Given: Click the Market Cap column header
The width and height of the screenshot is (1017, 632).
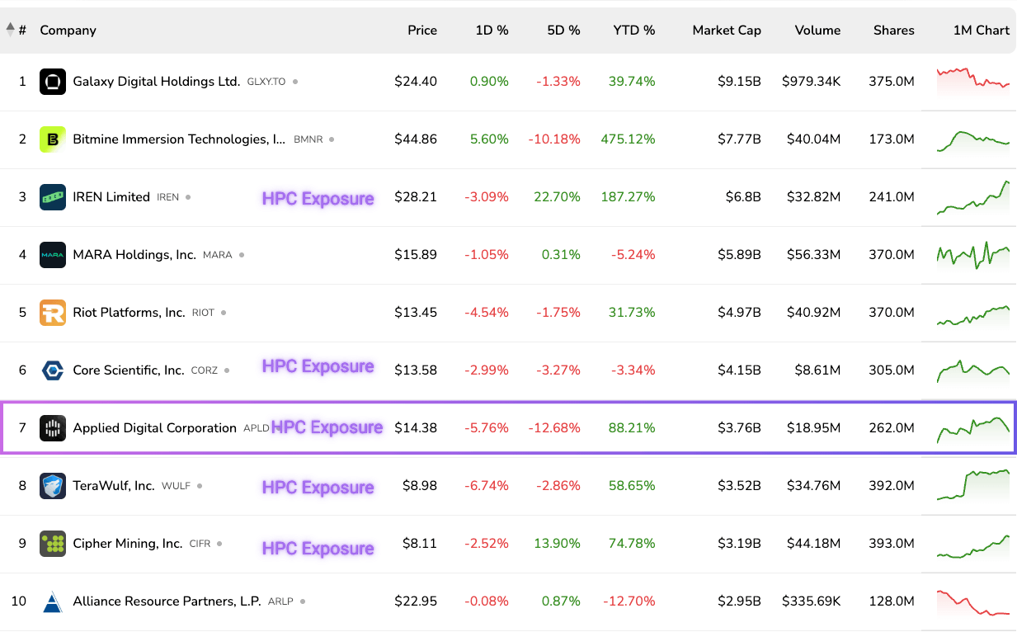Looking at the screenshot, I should click(x=726, y=31).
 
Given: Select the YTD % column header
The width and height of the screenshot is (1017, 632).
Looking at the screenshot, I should click(x=633, y=31).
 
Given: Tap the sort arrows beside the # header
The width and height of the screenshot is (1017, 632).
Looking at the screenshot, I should click(x=10, y=30).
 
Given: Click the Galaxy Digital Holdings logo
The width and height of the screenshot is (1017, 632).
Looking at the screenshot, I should click(x=53, y=82).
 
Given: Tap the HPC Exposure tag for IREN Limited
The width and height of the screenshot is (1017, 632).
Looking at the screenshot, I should click(x=318, y=198).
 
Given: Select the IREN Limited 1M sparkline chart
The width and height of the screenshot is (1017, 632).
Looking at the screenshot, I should click(x=973, y=197).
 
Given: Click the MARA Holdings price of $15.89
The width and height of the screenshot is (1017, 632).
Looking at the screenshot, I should click(x=416, y=255).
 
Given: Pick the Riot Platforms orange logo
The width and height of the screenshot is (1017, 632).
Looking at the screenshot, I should click(x=53, y=313).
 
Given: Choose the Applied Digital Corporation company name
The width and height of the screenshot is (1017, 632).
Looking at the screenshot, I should click(x=154, y=428).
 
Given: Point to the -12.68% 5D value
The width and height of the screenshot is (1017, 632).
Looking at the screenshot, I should click(x=554, y=428).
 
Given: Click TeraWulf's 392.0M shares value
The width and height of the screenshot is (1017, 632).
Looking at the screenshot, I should click(x=891, y=486).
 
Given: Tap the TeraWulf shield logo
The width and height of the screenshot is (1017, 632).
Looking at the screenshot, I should click(x=53, y=486).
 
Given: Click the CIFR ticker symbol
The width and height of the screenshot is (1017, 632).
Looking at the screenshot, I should click(x=200, y=544).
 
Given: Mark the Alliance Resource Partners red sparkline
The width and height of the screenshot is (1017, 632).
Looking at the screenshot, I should click(x=973, y=602).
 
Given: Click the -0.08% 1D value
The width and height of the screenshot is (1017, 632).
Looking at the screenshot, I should click(x=487, y=601).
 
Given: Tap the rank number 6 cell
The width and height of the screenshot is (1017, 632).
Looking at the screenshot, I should click(x=23, y=370).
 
